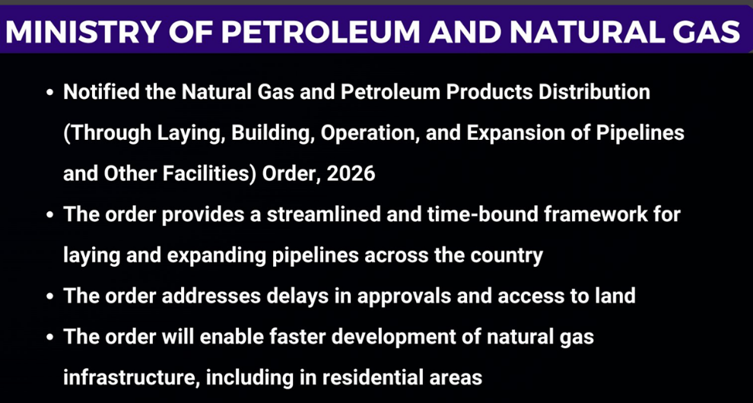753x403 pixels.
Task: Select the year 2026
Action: pyautogui.click(x=351, y=173)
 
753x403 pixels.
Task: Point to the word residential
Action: pyautogui.click(x=370, y=378)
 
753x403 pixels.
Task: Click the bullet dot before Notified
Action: pyautogui.click(x=50, y=92)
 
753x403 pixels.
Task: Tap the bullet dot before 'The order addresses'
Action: pyautogui.click(x=50, y=297)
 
